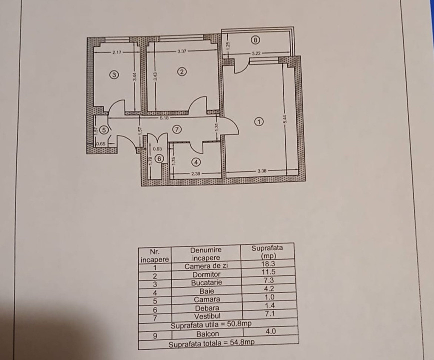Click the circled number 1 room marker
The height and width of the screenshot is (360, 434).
[x=259, y=121]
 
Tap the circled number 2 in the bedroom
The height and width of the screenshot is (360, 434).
[x=182, y=71]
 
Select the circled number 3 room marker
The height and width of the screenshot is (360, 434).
[x=114, y=75]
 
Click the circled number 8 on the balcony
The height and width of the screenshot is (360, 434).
[x=256, y=39]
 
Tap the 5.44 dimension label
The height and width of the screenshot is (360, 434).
[x=284, y=119]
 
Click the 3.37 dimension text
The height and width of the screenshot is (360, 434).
[x=183, y=51]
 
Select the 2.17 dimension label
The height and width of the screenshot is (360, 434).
[x=117, y=51]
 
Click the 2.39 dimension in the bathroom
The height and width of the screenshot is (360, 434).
[x=195, y=173]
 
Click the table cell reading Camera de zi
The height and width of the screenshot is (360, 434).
[x=206, y=266]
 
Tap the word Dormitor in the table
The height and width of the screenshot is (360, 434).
[x=206, y=274]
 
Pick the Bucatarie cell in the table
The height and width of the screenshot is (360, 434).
[x=206, y=282]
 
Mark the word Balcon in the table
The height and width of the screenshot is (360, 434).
[x=207, y=333]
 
